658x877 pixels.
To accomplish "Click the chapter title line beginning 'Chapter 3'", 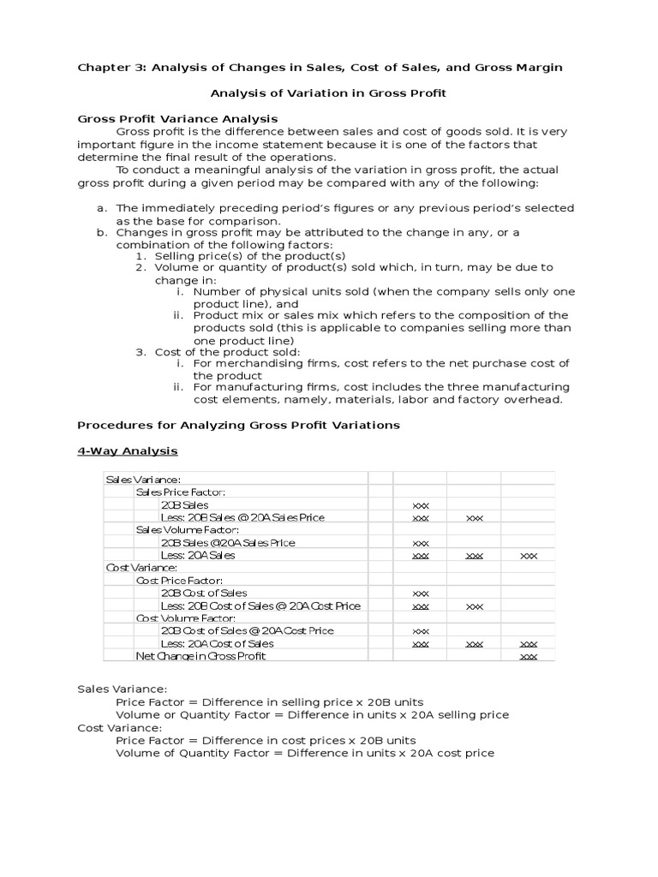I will tap(320, 68).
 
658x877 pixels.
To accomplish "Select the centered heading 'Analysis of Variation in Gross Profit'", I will tap(328, 92).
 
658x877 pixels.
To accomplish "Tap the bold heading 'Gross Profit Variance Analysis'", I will tap(177, 118).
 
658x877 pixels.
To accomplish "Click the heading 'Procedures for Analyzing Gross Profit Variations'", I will tap(238, 425).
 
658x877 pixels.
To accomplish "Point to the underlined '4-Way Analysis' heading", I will tap(128, 450).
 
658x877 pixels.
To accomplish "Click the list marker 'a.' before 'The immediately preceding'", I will tap(102, 208).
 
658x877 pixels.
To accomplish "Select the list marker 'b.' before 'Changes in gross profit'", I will tap(102, 232).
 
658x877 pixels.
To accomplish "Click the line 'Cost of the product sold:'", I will tap(227, 352).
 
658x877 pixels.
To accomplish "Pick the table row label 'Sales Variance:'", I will tap(143, 480).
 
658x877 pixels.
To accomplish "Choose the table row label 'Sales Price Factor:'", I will tap(181, 492).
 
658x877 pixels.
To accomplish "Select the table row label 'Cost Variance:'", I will tap(141, 567).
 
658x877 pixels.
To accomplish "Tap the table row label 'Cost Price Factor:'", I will tap(179, 580).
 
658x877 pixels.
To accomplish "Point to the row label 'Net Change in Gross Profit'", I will tap(200, 656).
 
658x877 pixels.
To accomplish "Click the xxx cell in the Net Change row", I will tap(528, 656).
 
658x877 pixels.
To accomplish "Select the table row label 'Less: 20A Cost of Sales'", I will tap(217, 643).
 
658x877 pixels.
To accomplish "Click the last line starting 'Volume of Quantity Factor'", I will tap(304, 753).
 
